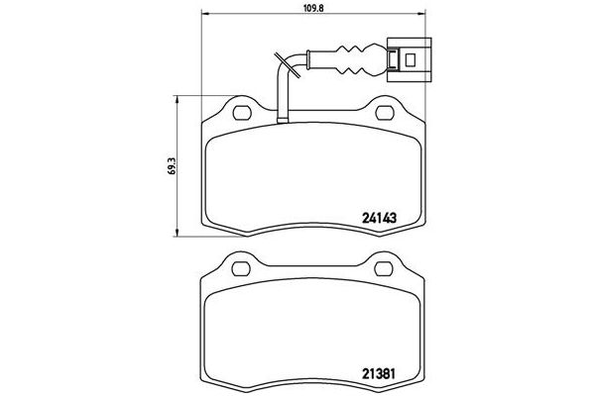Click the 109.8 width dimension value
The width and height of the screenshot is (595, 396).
pos(312,10)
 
